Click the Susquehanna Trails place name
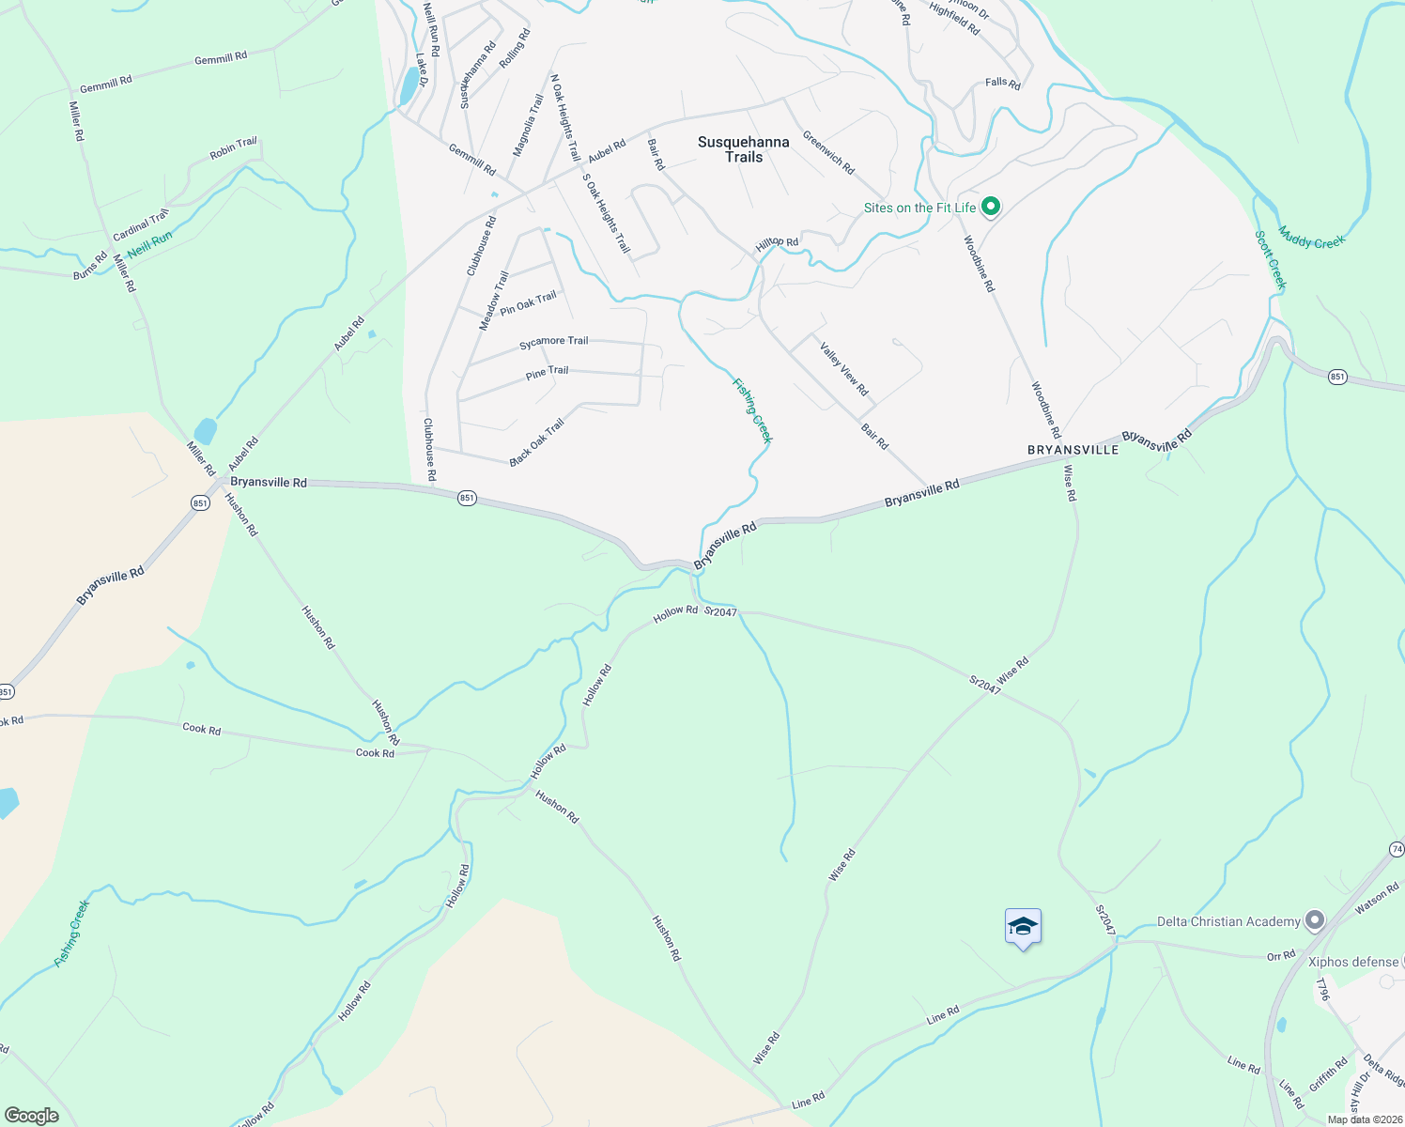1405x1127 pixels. point(743,149)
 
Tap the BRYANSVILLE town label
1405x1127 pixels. point(1073,450)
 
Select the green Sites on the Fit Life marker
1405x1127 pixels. point(990,207)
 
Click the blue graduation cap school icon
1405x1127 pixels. point(1023,927)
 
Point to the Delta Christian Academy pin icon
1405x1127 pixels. point(1315,921)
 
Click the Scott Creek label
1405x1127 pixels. point(1270,260)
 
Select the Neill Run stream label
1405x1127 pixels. point(150,245)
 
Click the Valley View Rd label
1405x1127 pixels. point(843,369)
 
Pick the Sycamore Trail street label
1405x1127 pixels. point(553,342)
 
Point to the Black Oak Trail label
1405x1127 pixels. point(536,442)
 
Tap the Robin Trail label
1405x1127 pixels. point(233,147)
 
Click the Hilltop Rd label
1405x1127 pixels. point(777,243)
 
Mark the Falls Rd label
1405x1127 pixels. point(1002,83)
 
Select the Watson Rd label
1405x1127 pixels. point(1377,898)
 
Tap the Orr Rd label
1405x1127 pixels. point(1280,956)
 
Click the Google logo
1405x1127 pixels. point(31,1116)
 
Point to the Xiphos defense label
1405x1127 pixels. point(1353,962)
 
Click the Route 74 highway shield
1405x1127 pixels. point(1397,849)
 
